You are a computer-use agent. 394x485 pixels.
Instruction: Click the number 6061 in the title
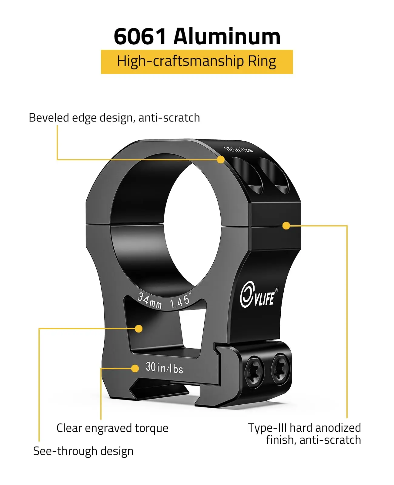click(140, 37)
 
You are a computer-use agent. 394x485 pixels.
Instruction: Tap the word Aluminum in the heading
click(227, 37)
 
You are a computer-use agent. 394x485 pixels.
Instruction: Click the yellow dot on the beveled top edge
click(221, 159)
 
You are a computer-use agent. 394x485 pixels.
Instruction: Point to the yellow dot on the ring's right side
click(286, 226)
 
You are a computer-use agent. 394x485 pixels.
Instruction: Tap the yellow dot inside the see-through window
click(139, 329)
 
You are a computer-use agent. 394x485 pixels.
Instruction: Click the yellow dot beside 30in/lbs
click(135, 368)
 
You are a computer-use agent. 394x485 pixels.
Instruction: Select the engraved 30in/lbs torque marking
click(164, 368)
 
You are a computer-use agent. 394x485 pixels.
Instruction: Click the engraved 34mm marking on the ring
click(149, 300)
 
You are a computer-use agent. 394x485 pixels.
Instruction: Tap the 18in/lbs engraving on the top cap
click(238, 149)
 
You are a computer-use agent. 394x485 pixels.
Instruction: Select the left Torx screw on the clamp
click(254, 372)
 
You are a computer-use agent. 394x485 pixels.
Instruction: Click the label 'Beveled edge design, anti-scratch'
click(114, 118)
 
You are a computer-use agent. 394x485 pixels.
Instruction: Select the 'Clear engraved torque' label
click(112, 428)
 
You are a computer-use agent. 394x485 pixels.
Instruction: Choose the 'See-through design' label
click(83, 451)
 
